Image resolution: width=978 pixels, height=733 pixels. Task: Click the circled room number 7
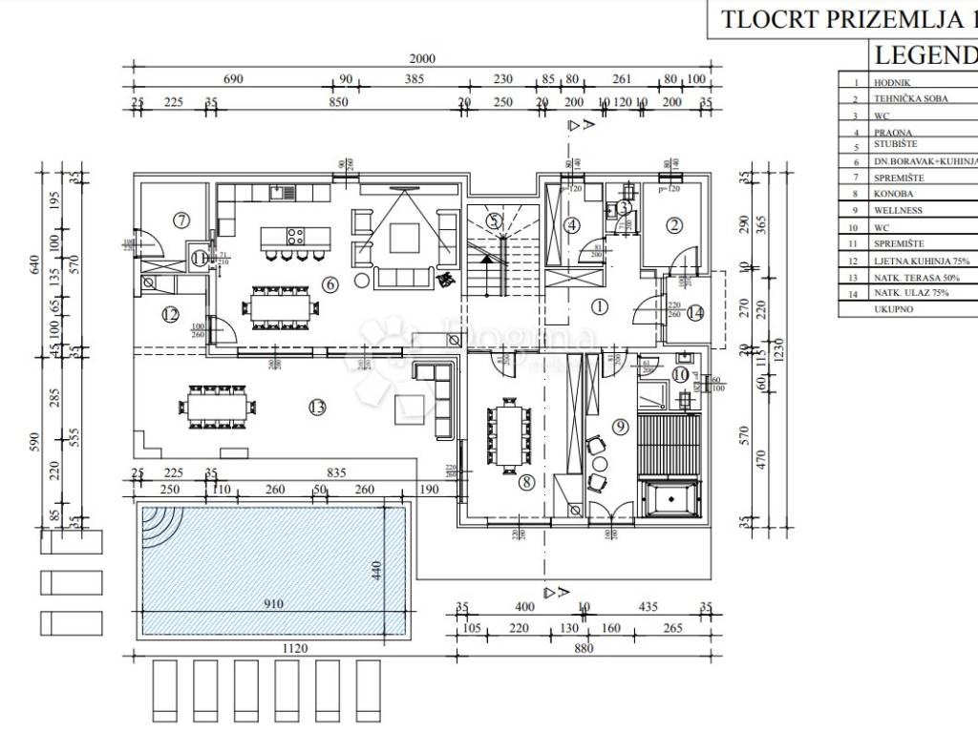[x=181, y=220]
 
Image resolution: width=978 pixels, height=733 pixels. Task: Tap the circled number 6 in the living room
[x=330, y=283]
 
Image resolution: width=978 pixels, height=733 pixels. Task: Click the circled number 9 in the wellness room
[x=620, y=427]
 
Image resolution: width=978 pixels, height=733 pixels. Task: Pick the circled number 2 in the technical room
[x=674, y=226]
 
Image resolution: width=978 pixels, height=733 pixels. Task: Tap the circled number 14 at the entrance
[x=694, y=312]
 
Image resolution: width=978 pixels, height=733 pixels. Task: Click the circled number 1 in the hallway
[x=600, y=307]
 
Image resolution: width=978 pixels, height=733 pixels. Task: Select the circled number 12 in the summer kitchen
[x=171, y=314]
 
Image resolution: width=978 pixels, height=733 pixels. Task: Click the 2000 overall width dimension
[x=422, y=58]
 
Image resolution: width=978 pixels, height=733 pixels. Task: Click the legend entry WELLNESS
[x=897, y=210]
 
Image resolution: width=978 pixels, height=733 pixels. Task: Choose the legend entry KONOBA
[x=892, y=194]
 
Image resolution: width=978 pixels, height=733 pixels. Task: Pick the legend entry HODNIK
[x=891, y=83]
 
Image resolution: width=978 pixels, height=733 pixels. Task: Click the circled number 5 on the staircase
[x=493, y=221]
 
